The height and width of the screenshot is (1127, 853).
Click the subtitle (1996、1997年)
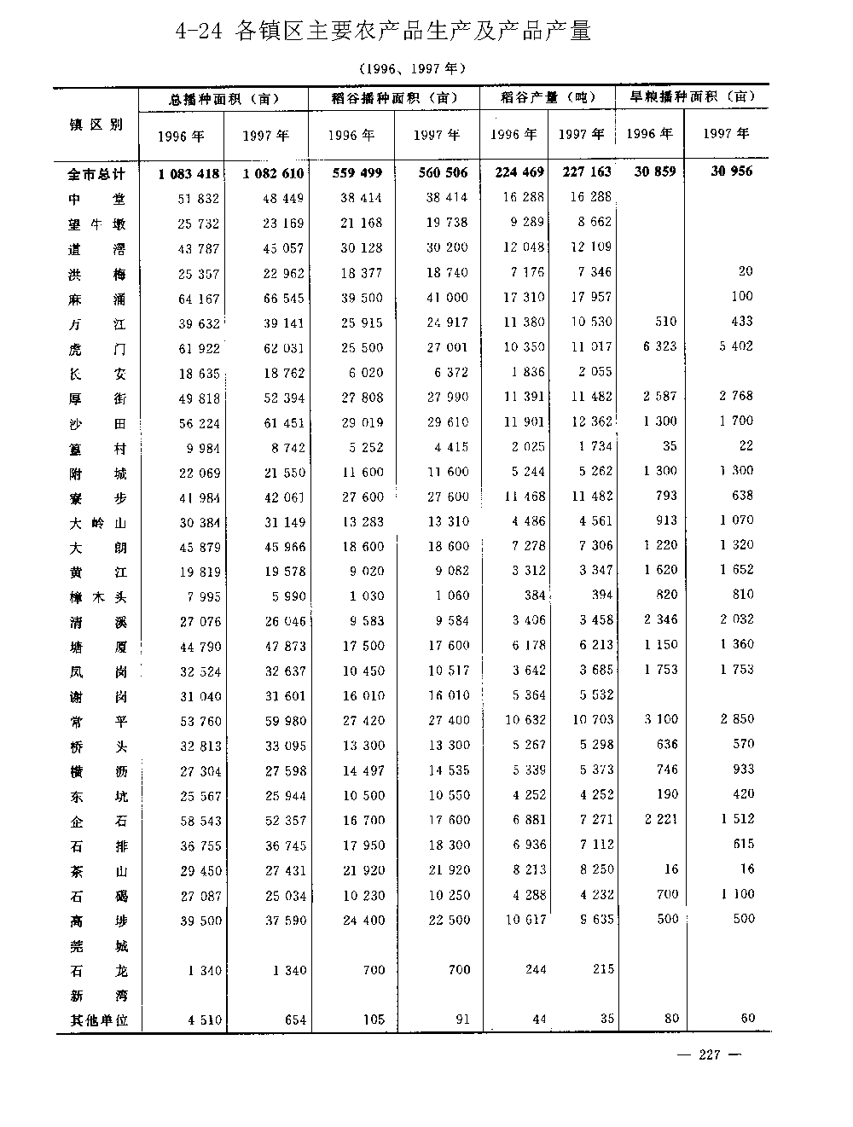click(x=412, y=68)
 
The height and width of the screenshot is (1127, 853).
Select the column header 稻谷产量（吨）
click(x=547, y=98)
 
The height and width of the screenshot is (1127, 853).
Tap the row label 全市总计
click(x=97, y=174)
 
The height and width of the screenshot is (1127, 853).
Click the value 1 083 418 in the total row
click(x=189, y=174)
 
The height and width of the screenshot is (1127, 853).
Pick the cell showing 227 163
click(x=587, y=172)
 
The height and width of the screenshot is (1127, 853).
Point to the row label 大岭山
click(x=97, y=523)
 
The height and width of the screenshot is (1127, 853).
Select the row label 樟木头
click(x=97, y=597)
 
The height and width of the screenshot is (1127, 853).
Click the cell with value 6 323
click(x=660, y=347)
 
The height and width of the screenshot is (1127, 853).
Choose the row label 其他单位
click(x=97, y=1020)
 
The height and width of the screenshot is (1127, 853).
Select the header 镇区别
click(x=96, y=125)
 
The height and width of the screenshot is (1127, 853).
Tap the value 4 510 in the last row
click(x=203, y=1020)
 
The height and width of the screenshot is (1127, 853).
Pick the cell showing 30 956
click(x=733, y=171)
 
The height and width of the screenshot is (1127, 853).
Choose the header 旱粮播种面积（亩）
click(x=692, y=97)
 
